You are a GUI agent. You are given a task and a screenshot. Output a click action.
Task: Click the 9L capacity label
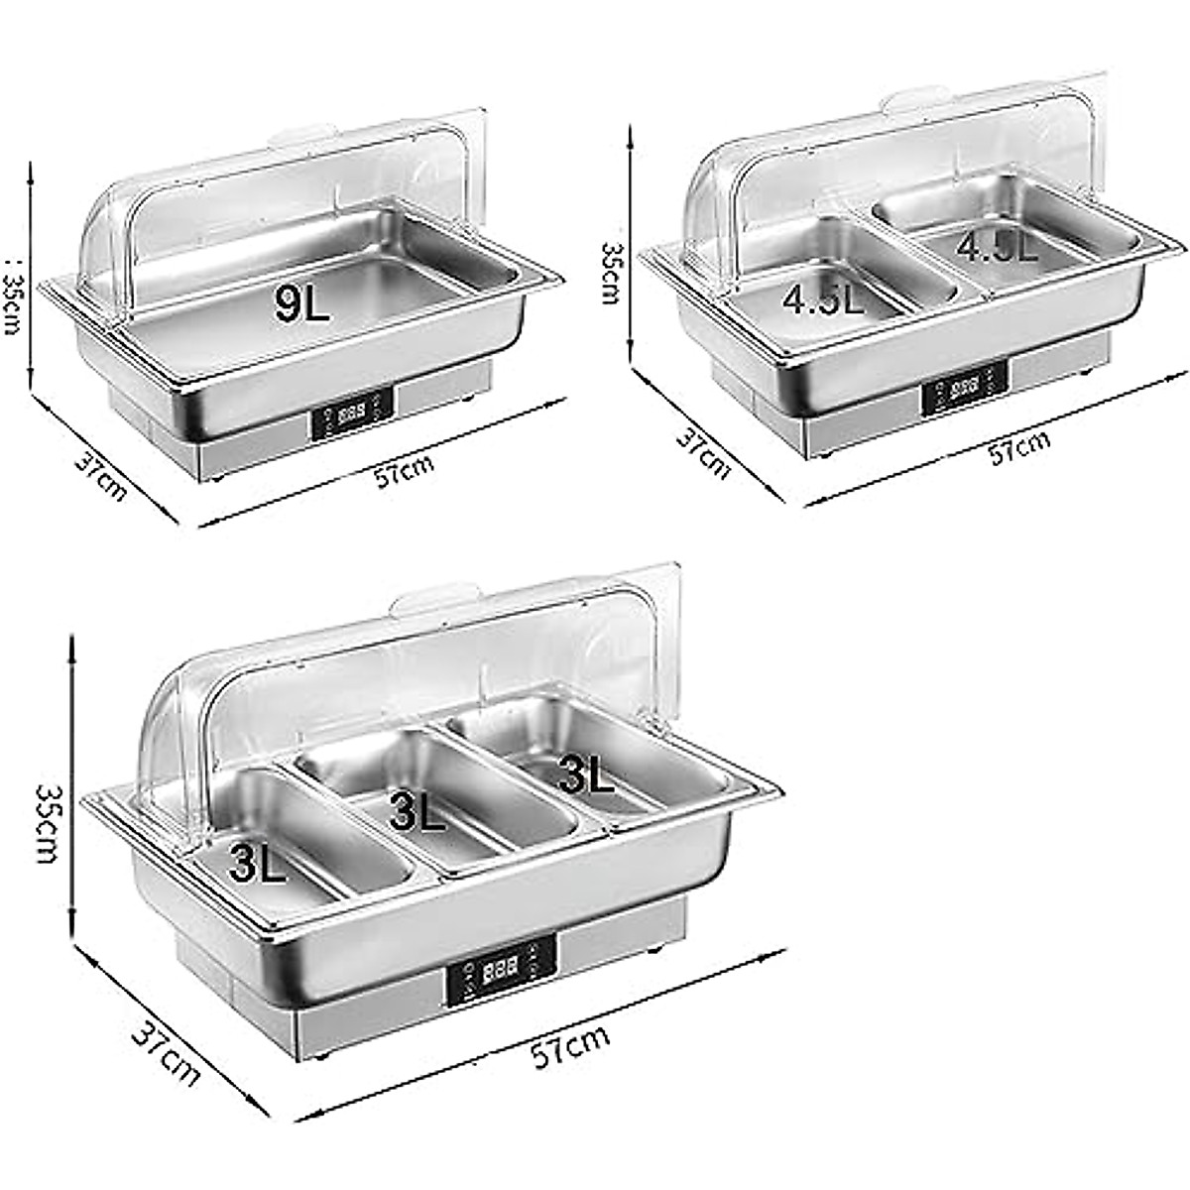302,302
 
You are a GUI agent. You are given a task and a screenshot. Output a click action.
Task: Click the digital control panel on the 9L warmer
352,414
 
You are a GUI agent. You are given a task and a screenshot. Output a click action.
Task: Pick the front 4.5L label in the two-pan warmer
823,297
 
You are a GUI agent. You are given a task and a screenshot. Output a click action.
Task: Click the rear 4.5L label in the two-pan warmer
997,245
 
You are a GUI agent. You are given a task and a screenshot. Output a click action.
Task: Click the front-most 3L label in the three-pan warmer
258,861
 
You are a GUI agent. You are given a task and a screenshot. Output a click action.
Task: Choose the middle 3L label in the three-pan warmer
416,810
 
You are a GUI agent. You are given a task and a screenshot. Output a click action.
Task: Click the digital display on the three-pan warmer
499,969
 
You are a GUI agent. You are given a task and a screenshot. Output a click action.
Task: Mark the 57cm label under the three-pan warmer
570,1046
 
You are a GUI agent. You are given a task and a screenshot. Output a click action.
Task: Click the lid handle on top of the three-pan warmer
433,600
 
